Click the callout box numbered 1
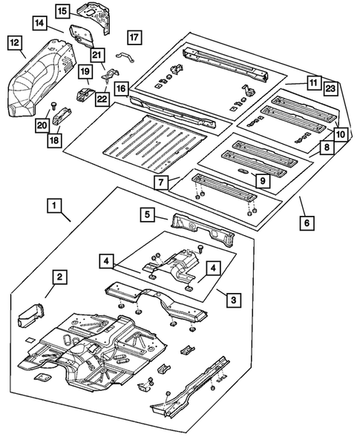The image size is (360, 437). (53, 203)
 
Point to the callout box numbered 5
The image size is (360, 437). (149, 215)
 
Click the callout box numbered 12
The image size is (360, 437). (14, 44)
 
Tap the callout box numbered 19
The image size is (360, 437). (85, 72)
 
